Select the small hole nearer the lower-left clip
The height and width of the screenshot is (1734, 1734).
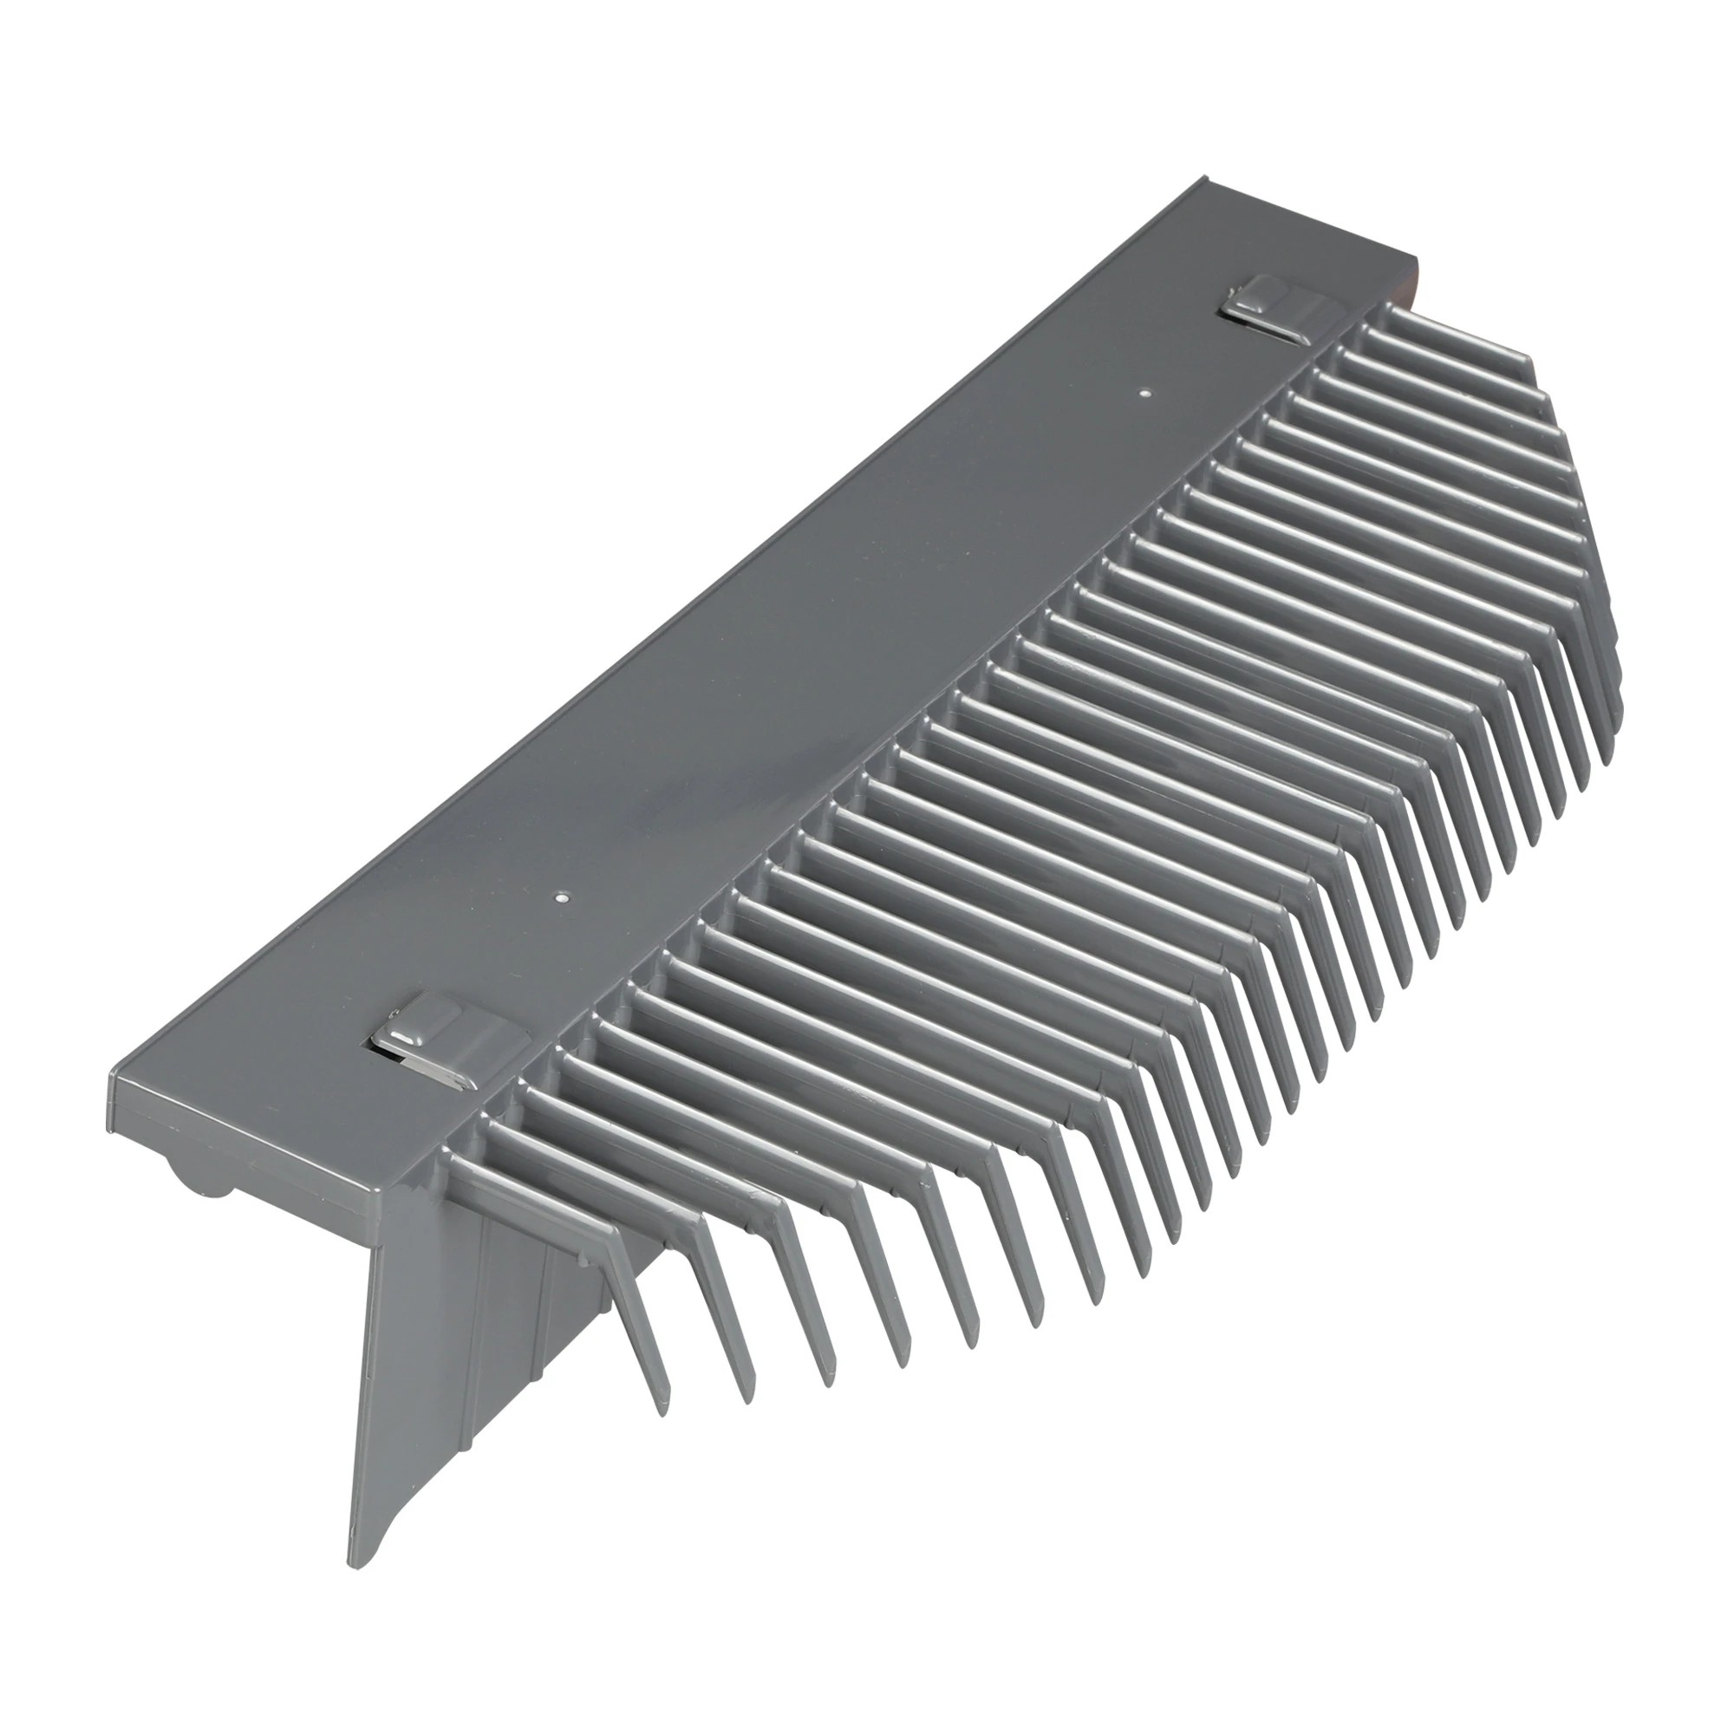click(560, 895)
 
